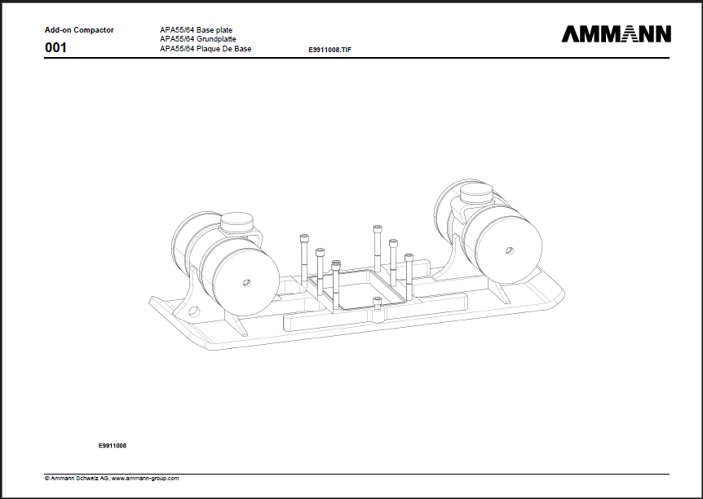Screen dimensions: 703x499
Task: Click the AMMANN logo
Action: [x=616, y=34]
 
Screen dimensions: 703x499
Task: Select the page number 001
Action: [x=55, y=47]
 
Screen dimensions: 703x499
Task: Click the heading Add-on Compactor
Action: [x=79, y=30]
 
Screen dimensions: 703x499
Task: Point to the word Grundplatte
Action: [x=216, y=39]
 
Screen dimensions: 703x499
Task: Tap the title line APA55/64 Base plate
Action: [x=196, y=30]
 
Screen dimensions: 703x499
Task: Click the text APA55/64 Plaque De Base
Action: [x=206, y=48]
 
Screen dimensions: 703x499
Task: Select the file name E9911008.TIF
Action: [x=329, y=50]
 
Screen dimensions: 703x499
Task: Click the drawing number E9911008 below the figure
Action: [x=112, y=446]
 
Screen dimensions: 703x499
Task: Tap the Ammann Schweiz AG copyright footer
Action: [x=112, y=479]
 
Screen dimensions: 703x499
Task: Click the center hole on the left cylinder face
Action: [x=246, y=283]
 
